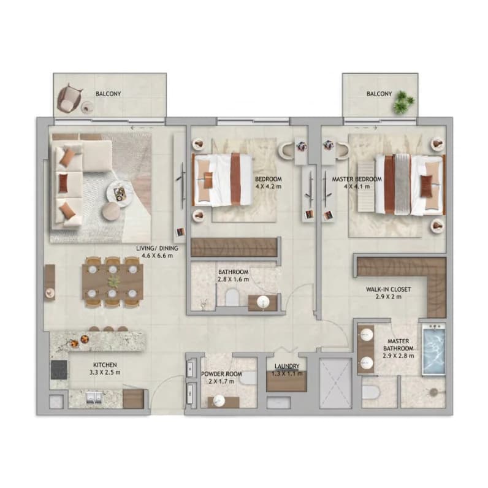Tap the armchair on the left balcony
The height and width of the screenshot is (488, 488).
pos(69,99)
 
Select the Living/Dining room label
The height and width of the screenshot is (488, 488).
pos(157,252)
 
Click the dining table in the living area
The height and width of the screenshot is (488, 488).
pos(113,281)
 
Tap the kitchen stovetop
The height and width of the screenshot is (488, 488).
pos(59,370)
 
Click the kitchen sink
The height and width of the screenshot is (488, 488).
pos(94,397)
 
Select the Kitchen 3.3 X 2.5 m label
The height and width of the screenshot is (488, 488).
pos(105,368)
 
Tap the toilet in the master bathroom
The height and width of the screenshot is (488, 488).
pos(370,393)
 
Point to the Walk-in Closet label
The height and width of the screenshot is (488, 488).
pos(389,293)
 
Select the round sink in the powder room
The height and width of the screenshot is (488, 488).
pos(219,402)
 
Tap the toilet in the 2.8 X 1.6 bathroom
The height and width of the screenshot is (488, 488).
pos(232,297)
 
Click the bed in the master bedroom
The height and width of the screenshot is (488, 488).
pos(410,185)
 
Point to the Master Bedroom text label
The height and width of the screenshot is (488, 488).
pos(357,179)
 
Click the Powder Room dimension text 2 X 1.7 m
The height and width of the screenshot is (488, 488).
pos(221,381)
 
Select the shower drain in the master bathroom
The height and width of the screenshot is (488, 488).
pos(433,393)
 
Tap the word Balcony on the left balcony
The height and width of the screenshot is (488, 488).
pos(108,94)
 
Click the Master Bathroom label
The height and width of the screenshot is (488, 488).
pos(398,348)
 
